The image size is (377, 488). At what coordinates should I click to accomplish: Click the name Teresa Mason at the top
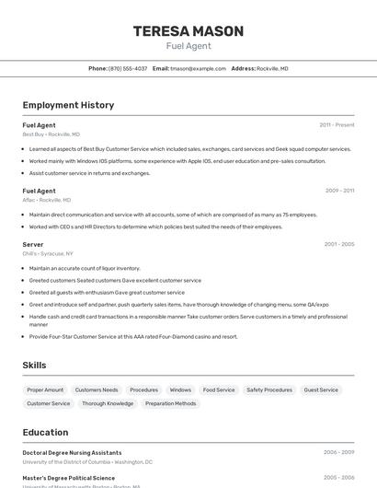pyautogui.click(x=188, y=31)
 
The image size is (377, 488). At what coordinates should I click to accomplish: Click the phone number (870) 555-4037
pyautogui.click(x=128, y=68)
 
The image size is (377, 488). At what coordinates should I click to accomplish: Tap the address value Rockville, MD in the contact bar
pyautogui.click(x=272, y=68)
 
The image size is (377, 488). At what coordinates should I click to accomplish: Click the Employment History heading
pyautogui.click(x=68, y=105)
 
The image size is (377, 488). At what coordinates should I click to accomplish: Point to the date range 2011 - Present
pyautogui.click(x=337, y=125)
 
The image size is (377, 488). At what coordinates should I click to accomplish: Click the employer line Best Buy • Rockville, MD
pyautogui.click(x=51, y=134)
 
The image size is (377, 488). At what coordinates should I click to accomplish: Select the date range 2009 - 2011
pyautogui.click(x=339, y=191)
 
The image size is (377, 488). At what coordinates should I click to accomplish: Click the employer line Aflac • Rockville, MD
pyautogui.click(x=46, y=200)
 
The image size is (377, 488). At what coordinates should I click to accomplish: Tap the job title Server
pyautogui.click(x=33, y=244)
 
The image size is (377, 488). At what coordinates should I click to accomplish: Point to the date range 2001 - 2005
pyautogui.click(x=338, y=244)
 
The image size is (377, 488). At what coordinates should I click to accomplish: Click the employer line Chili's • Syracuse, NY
pyautogui.click(x=48, y=253)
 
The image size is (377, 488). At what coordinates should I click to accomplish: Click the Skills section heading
pyautogui.click(x=34, y=366)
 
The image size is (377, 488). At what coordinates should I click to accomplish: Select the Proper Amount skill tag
pyautogui.click(x=45, y=389)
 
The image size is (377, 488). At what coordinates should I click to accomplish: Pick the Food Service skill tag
pyautogui.click(x=219, y=389)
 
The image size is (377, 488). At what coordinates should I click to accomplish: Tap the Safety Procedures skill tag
pyautogui.click(x=269, y=389)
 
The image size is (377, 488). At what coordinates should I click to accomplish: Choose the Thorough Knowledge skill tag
pyautogui.click(x=108, y=403)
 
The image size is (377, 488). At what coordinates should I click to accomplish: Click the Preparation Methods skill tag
pyautogui.click(x=171, y=403)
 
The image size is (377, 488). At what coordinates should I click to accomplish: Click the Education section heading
pyautogui.click(x=45, y=432)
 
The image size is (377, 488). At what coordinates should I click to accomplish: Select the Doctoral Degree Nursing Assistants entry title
pyautogui.click(x=72, y=453)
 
